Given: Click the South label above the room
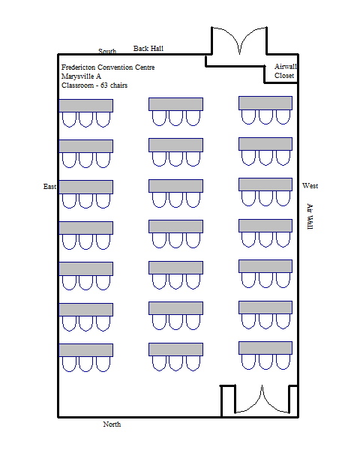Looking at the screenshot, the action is (x=107, y=51).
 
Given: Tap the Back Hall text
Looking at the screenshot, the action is (x=148, y=49).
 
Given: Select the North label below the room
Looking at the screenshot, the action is (x=112, y=424).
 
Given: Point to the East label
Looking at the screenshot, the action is (x=49, y=187).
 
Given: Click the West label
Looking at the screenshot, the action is (x=310, y=186).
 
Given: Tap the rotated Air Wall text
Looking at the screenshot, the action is (x=310, y=217).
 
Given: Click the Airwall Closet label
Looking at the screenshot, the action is (x=285, y=71).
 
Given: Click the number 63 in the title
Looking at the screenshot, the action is (x=104, y=85).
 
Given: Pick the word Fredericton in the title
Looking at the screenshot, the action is (x=78, y=67).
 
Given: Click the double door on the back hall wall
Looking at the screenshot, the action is (x=239, y=40).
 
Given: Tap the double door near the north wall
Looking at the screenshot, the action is (x=262, y=399).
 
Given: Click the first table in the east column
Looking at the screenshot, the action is (x=86, y=106).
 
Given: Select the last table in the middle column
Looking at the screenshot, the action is (x=175, y=349).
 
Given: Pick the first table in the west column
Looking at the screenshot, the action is (x=265, y=103).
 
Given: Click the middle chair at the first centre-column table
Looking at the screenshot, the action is (x=175, y=118).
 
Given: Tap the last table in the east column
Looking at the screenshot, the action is (x=86, y=350).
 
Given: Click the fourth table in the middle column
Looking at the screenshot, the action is (x=175, y=226).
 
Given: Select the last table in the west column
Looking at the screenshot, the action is (x=265, y=348).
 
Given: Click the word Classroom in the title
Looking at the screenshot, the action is (x=77, y=85).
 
